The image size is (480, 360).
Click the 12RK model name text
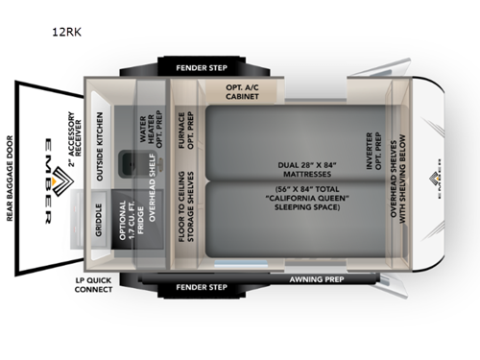pos(67,31)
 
